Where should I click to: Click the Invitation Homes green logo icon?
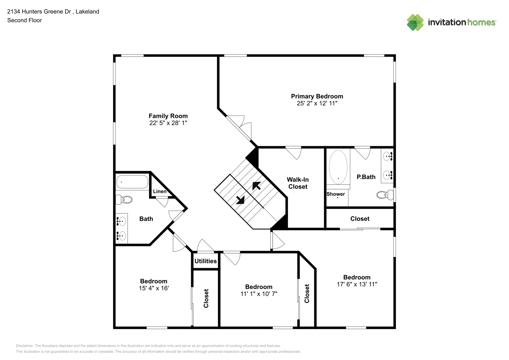(415, 22)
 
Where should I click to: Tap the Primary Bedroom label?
(317, 96)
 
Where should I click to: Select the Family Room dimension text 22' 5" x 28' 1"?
(168, 123)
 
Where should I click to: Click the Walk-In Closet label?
(298, 183)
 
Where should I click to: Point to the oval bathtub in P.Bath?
(338, 167)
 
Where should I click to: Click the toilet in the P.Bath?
(385, 195)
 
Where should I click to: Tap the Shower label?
(335, 194)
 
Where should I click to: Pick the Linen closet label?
(160, 191)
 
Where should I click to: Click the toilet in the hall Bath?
(124, 199)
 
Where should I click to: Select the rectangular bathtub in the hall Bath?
(132, 181)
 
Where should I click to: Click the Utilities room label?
(206, 261)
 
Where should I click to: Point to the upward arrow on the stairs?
(257, 186)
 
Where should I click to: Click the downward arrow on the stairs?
(240, 200)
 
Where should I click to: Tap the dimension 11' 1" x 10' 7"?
(259, 294)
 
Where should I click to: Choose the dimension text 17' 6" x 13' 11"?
(357, 284)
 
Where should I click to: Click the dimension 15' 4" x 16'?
(154, 288)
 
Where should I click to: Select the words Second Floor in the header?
(24, 20)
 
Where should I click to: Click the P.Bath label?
(366, 177)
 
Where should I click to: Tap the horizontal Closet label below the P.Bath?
(360, 219)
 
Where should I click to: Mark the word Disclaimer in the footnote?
(24, 346)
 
